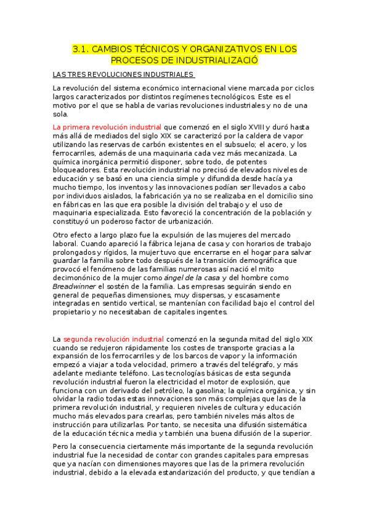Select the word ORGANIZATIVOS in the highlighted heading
213,49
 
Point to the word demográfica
256,260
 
